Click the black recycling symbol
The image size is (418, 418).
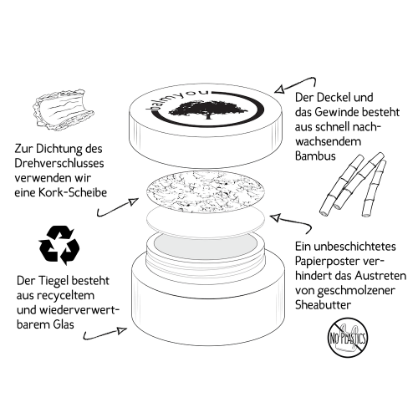pyautogui.click(x=59, y=245)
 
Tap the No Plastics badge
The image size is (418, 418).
pyautogui.click(x=347, y=338)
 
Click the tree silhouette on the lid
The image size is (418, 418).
pyautogui.click(x=208, y=110)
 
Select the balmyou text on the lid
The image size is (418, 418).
pyautogui.click(x=178, y=99)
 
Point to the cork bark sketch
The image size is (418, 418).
pyautogui.click(x=64, y=110)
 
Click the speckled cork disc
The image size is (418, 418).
pyautogui.click(x=205, y=191)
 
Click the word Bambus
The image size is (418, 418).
pyautogui.click(x=315, y=156)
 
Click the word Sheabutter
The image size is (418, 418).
pyautogui.click(x=323, y=304)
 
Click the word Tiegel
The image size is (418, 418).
pyautogui.click(x=50, y=281)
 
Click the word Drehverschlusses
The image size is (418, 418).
pyautogui.click(x=59, y=163)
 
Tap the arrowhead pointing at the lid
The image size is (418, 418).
pyautogui.click(x=279, y=89)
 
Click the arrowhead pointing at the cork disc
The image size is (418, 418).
pyautogui.click(x=134, y=201)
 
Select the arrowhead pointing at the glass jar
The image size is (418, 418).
pyautogui.click(x=122, y=330)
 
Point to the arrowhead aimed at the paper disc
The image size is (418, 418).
pyautogui.click(x=275, y=217)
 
